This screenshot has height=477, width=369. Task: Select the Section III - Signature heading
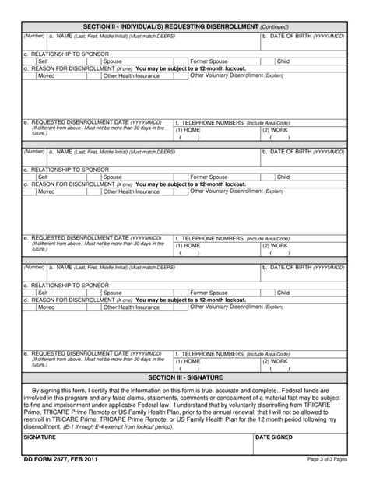(184, 376)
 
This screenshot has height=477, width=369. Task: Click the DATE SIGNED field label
(274, 437)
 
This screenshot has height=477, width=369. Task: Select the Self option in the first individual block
(44, 60)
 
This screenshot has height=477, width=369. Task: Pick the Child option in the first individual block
(283, 60)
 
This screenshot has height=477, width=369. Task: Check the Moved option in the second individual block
(47, 191)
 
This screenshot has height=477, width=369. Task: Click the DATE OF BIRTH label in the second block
(301, 152)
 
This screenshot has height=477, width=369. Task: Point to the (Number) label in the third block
(33, 268)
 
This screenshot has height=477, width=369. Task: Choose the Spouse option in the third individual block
(112, 293)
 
